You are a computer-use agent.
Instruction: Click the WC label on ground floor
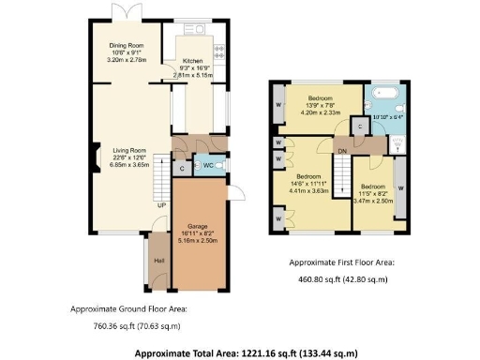(208, 167)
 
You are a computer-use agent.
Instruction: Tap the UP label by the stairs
(160, 204)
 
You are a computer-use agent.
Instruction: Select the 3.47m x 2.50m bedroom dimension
(372, 201)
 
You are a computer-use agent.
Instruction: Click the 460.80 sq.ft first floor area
(342, 278)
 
